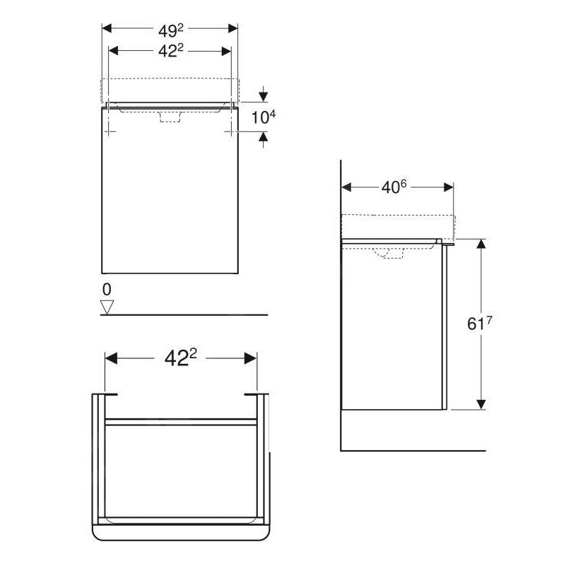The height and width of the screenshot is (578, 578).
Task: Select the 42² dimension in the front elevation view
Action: (170, 52)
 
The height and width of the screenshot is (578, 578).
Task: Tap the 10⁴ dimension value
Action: (260, 116)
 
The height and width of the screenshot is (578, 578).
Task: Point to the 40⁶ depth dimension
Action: (395, 187)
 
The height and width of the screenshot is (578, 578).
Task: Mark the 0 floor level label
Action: (107, 289)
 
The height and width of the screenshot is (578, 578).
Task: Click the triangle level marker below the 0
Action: (107, 306)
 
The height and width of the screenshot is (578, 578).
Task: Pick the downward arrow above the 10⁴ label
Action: (264, 95)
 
